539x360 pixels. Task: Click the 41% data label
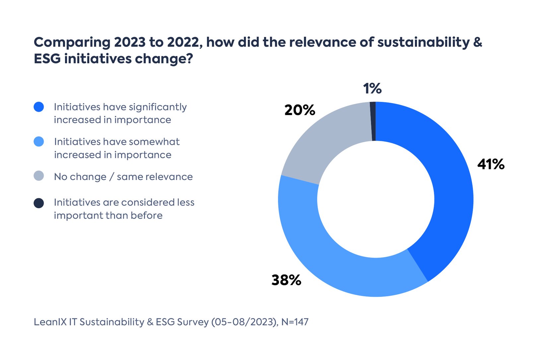click(491, 164)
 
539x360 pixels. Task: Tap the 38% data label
click(286, 280)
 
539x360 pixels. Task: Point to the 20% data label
click(300, 110)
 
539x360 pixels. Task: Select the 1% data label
click(372, 89)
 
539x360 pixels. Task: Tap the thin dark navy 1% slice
click(373, 121)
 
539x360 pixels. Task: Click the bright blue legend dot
click(39, 107)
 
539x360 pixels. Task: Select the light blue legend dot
click(39, 142)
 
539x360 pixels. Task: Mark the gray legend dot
click(39, 176)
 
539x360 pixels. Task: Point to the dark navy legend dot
click(39, 203)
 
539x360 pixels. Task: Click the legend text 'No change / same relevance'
click(123, 177)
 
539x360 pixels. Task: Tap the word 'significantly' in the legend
click(158, 107)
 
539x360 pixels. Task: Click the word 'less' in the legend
click(186, 202)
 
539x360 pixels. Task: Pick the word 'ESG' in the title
click(47, 59)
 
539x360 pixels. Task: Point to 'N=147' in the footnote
click(295, 322)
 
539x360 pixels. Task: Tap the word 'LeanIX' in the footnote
click(50, 322)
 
